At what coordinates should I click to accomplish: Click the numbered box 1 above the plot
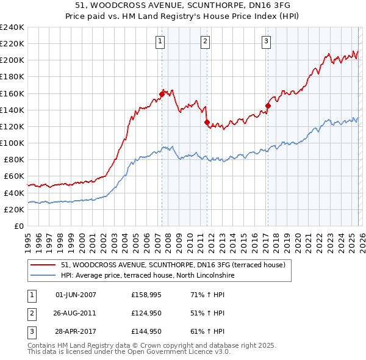pos(159,41)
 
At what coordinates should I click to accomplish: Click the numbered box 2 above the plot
pos(204,41)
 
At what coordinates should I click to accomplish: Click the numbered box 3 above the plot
pos(267,41)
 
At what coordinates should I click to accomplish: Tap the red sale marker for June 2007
pos(162,94)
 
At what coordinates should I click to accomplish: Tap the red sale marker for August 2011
pos(207,122)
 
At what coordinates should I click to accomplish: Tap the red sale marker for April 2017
pos(268,106)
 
